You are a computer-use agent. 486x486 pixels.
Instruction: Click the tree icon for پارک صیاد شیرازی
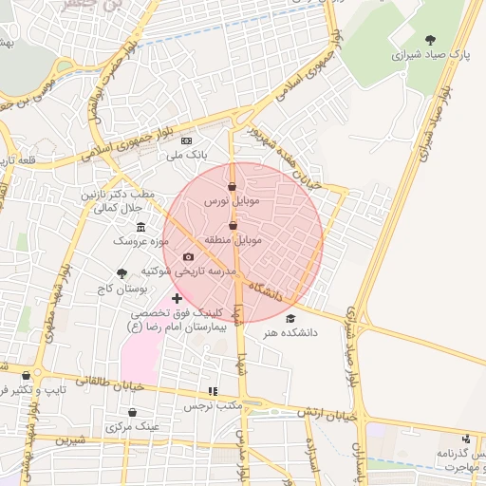tap(431, 41)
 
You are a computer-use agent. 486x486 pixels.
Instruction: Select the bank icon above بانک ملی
tap(186, 140)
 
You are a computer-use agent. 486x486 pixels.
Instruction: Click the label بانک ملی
tap(187, 154)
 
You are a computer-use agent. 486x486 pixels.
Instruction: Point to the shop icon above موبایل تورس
tap(234, 186)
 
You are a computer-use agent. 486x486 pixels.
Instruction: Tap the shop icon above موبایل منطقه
tap(234, 225)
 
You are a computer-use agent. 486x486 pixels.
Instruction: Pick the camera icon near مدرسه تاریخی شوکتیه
tap(188, 256)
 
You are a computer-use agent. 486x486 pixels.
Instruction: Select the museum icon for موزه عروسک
tap(141, 227)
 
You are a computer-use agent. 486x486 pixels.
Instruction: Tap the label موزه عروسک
tap(140, 242)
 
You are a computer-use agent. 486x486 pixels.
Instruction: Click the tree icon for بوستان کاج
tap(121, 271)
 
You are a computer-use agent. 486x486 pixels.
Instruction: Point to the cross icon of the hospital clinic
tap(177, 298)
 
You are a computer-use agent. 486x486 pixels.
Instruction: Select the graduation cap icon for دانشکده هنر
tap(290, 318)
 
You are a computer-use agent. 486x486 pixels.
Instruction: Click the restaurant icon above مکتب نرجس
tap(213, 390)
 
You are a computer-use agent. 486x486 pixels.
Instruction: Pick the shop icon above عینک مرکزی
tap(132, 412)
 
